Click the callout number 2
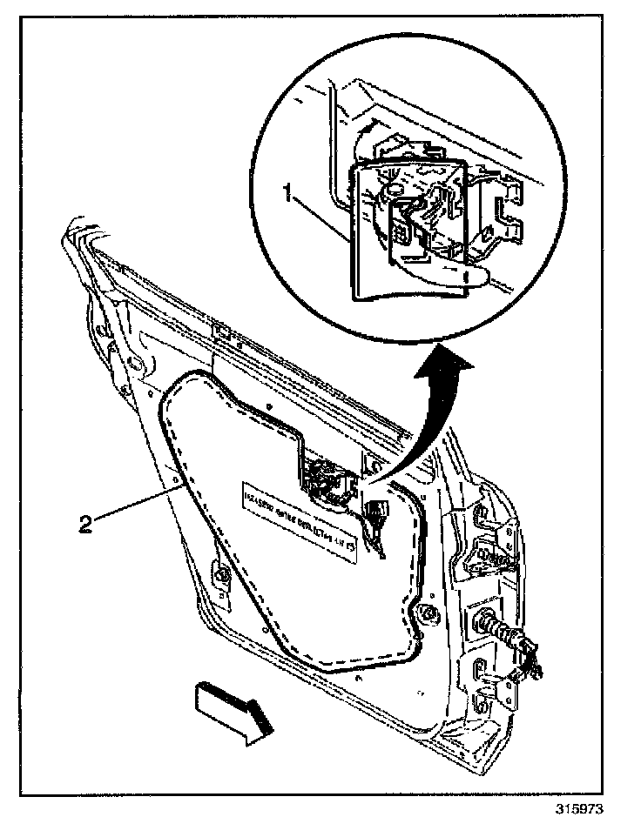[85, 523]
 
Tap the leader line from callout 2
[139, 506]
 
